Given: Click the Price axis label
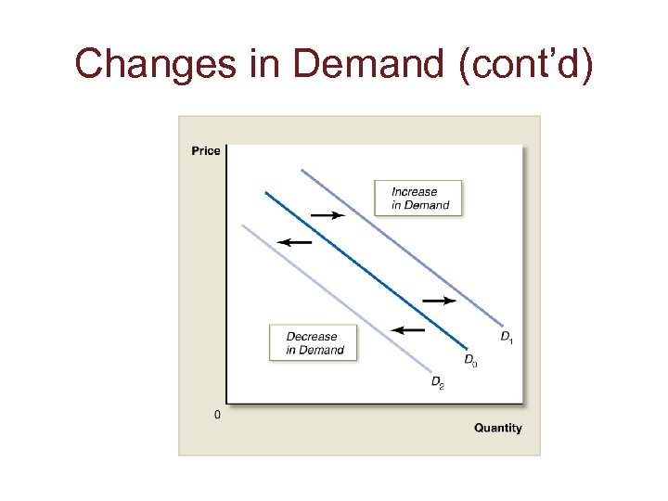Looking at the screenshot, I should tap(206, 151).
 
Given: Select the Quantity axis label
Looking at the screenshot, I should tap(498, 428).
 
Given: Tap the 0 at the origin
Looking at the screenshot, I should tap(217, 415).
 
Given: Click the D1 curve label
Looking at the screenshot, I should tap(507, 337).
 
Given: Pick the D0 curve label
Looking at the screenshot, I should tap(470, 360).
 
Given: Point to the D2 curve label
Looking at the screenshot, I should tap(437, 381).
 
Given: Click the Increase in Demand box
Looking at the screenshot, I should tap(417, 199).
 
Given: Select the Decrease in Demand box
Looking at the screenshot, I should tap(314, 343).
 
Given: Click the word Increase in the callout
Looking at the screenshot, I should tap(414, 192).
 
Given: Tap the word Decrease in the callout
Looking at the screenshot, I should tap(312, 337).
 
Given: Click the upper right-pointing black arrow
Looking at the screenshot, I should tap(327, 215).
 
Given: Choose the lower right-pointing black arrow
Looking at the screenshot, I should tap(439, 301).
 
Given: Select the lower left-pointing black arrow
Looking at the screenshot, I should tap(407, 329).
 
